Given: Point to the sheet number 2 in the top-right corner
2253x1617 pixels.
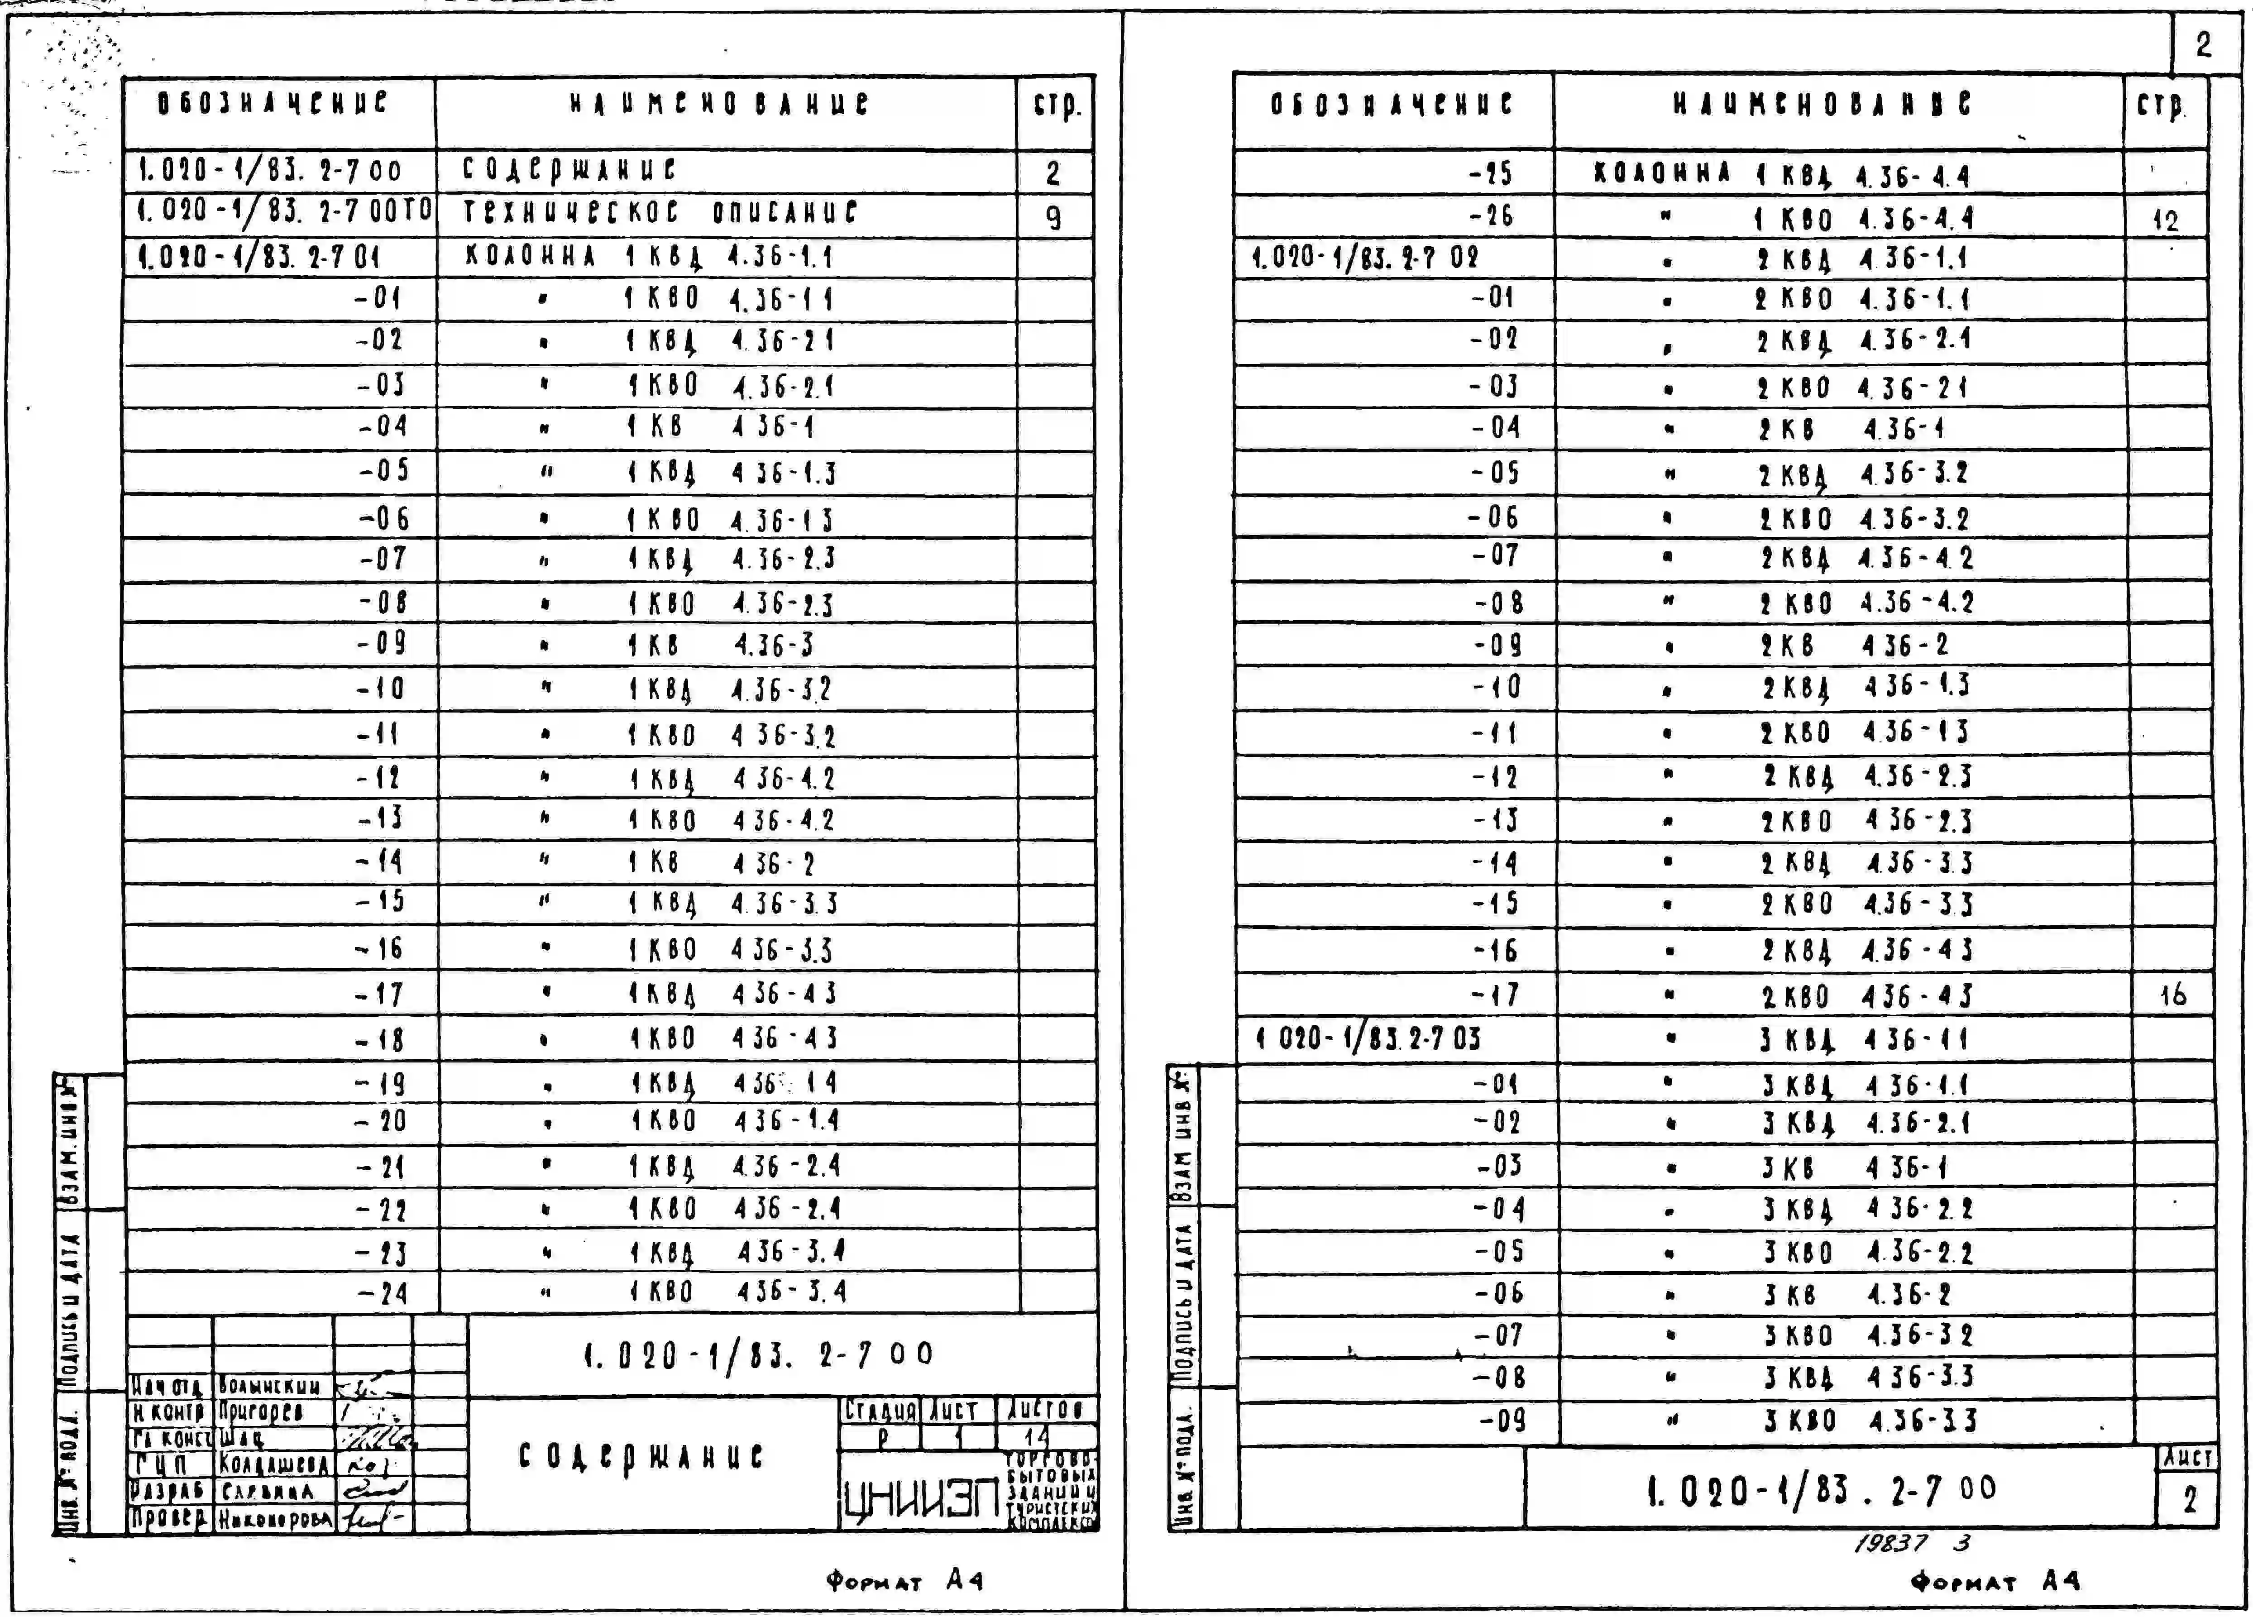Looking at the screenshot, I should (x=2203, y=45).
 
